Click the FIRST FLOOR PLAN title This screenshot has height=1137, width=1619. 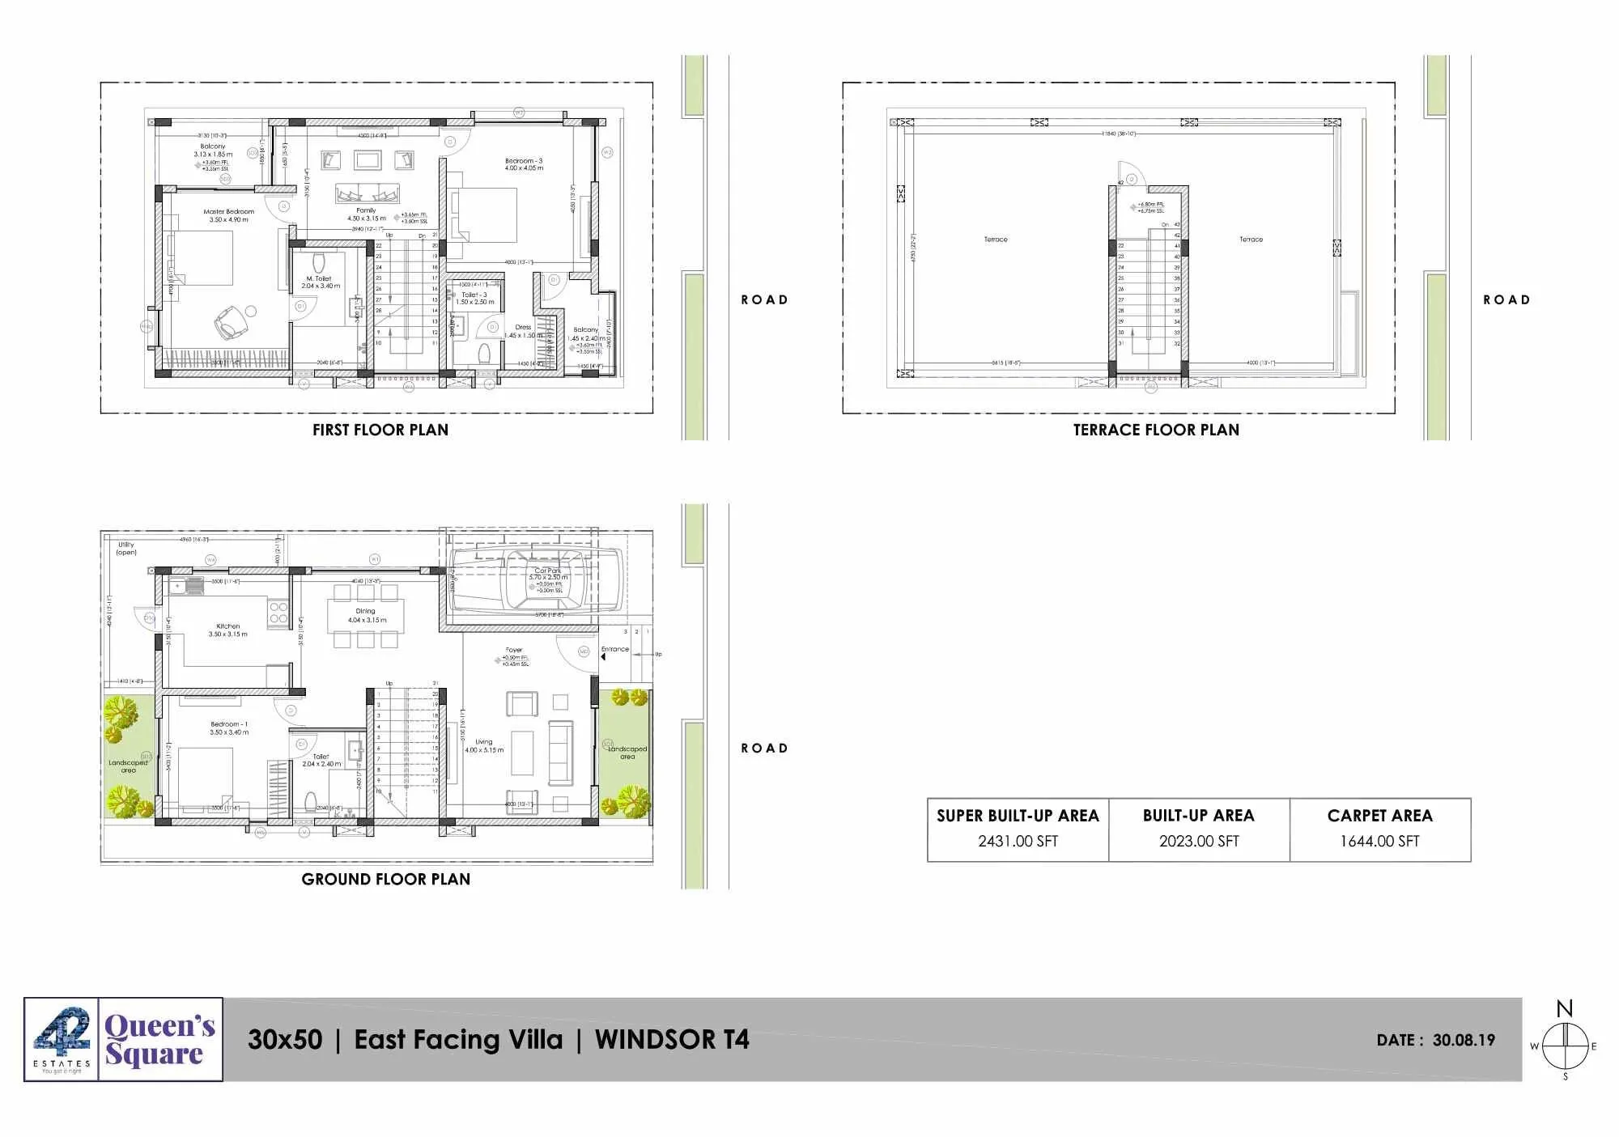point(380,430)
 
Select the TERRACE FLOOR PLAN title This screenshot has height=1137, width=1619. point(1156,430)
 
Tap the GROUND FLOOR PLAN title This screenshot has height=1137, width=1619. point(385,879)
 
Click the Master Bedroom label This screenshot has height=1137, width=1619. point(228,212)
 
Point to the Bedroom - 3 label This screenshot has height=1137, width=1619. point(524,161)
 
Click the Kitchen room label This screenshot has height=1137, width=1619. point(227,626)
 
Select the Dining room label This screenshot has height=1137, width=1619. point(366,612)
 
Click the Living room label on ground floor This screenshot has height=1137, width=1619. point(483,742)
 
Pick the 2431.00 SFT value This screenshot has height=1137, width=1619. point(1018,842)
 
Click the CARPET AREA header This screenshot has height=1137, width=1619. point(1379,816)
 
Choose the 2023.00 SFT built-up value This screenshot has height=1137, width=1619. point(1198,842)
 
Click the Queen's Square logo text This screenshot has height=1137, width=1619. point(159,1040)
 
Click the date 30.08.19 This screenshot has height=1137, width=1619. point(1464,1041)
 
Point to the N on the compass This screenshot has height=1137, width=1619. point(1565,1009)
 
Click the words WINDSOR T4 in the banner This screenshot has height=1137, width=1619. point(672,1040)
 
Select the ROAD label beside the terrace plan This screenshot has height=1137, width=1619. point(1506,300)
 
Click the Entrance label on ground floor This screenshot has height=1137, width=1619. point(615,649)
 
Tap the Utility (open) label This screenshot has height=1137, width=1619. point(126,549)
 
